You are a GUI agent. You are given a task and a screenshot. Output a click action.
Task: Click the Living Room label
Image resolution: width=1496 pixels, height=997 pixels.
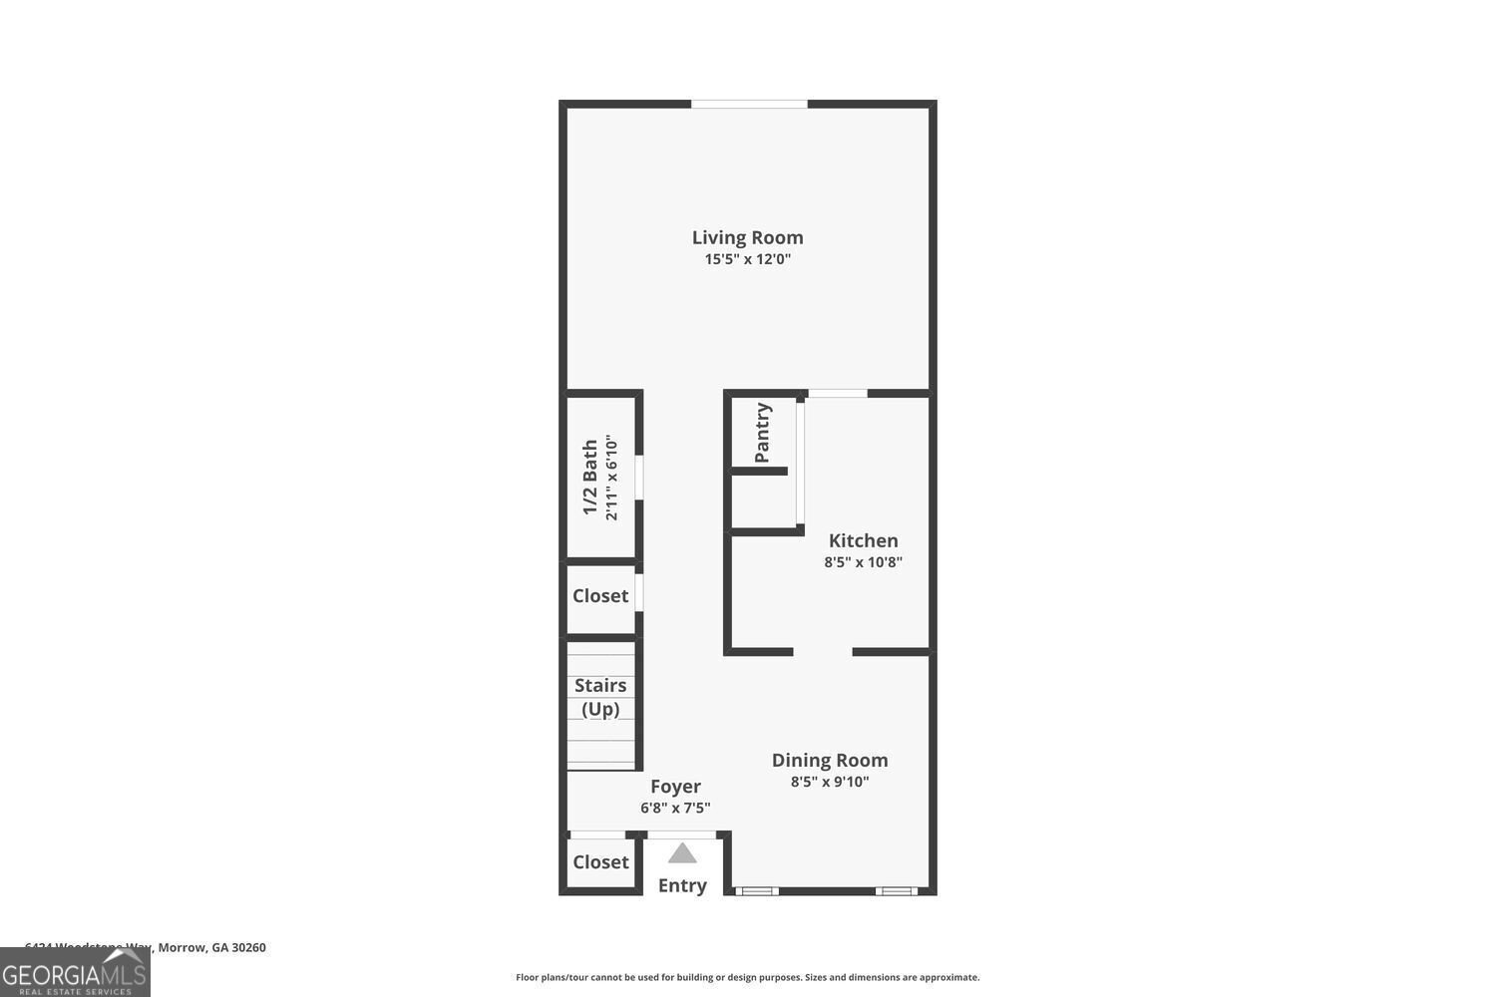(747, 237)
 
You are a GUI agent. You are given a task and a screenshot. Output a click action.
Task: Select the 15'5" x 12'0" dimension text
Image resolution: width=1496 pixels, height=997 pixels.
(747, 259)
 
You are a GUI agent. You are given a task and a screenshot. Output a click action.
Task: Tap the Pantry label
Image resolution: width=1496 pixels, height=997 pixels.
(763, 433)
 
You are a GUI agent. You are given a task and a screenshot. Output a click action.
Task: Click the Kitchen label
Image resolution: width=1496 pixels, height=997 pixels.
(863, 540)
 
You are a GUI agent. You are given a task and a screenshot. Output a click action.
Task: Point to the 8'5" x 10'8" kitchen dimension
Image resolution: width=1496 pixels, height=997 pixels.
(863, 562)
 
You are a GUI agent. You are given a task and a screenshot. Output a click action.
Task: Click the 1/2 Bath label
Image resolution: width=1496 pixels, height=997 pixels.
(590, 478)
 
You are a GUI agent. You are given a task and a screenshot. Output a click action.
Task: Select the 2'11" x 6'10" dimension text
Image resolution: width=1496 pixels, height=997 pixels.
(611, 478)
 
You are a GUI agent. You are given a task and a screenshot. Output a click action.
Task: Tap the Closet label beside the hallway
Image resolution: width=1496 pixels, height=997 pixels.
(600, 596)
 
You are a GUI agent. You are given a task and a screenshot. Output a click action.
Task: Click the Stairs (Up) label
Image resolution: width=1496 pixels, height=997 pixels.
(600, 697)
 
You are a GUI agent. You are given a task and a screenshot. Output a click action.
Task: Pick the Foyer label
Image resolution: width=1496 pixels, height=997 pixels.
(675, 787)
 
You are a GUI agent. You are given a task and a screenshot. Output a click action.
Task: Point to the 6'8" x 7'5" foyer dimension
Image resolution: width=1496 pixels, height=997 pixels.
(675, 809)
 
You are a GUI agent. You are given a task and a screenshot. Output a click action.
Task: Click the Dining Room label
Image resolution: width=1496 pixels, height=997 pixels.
(830, 760)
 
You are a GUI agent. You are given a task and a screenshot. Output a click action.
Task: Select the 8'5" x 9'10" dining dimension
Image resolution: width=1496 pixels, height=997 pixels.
(830, 782)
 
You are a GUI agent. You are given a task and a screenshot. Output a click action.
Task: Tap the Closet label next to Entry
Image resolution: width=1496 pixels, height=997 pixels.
(600, 862)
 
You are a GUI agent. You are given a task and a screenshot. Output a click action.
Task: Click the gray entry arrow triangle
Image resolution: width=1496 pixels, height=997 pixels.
(682, 853)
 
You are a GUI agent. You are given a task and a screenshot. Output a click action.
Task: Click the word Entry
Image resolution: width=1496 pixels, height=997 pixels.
(682, 885)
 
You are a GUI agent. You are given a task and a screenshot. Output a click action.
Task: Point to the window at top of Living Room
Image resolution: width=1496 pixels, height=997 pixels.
(749, 104)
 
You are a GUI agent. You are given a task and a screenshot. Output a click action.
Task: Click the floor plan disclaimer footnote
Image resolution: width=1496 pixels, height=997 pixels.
(747, 977)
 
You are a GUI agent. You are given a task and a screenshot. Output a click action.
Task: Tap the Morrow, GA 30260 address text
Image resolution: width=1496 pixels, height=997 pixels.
(211, 947)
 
